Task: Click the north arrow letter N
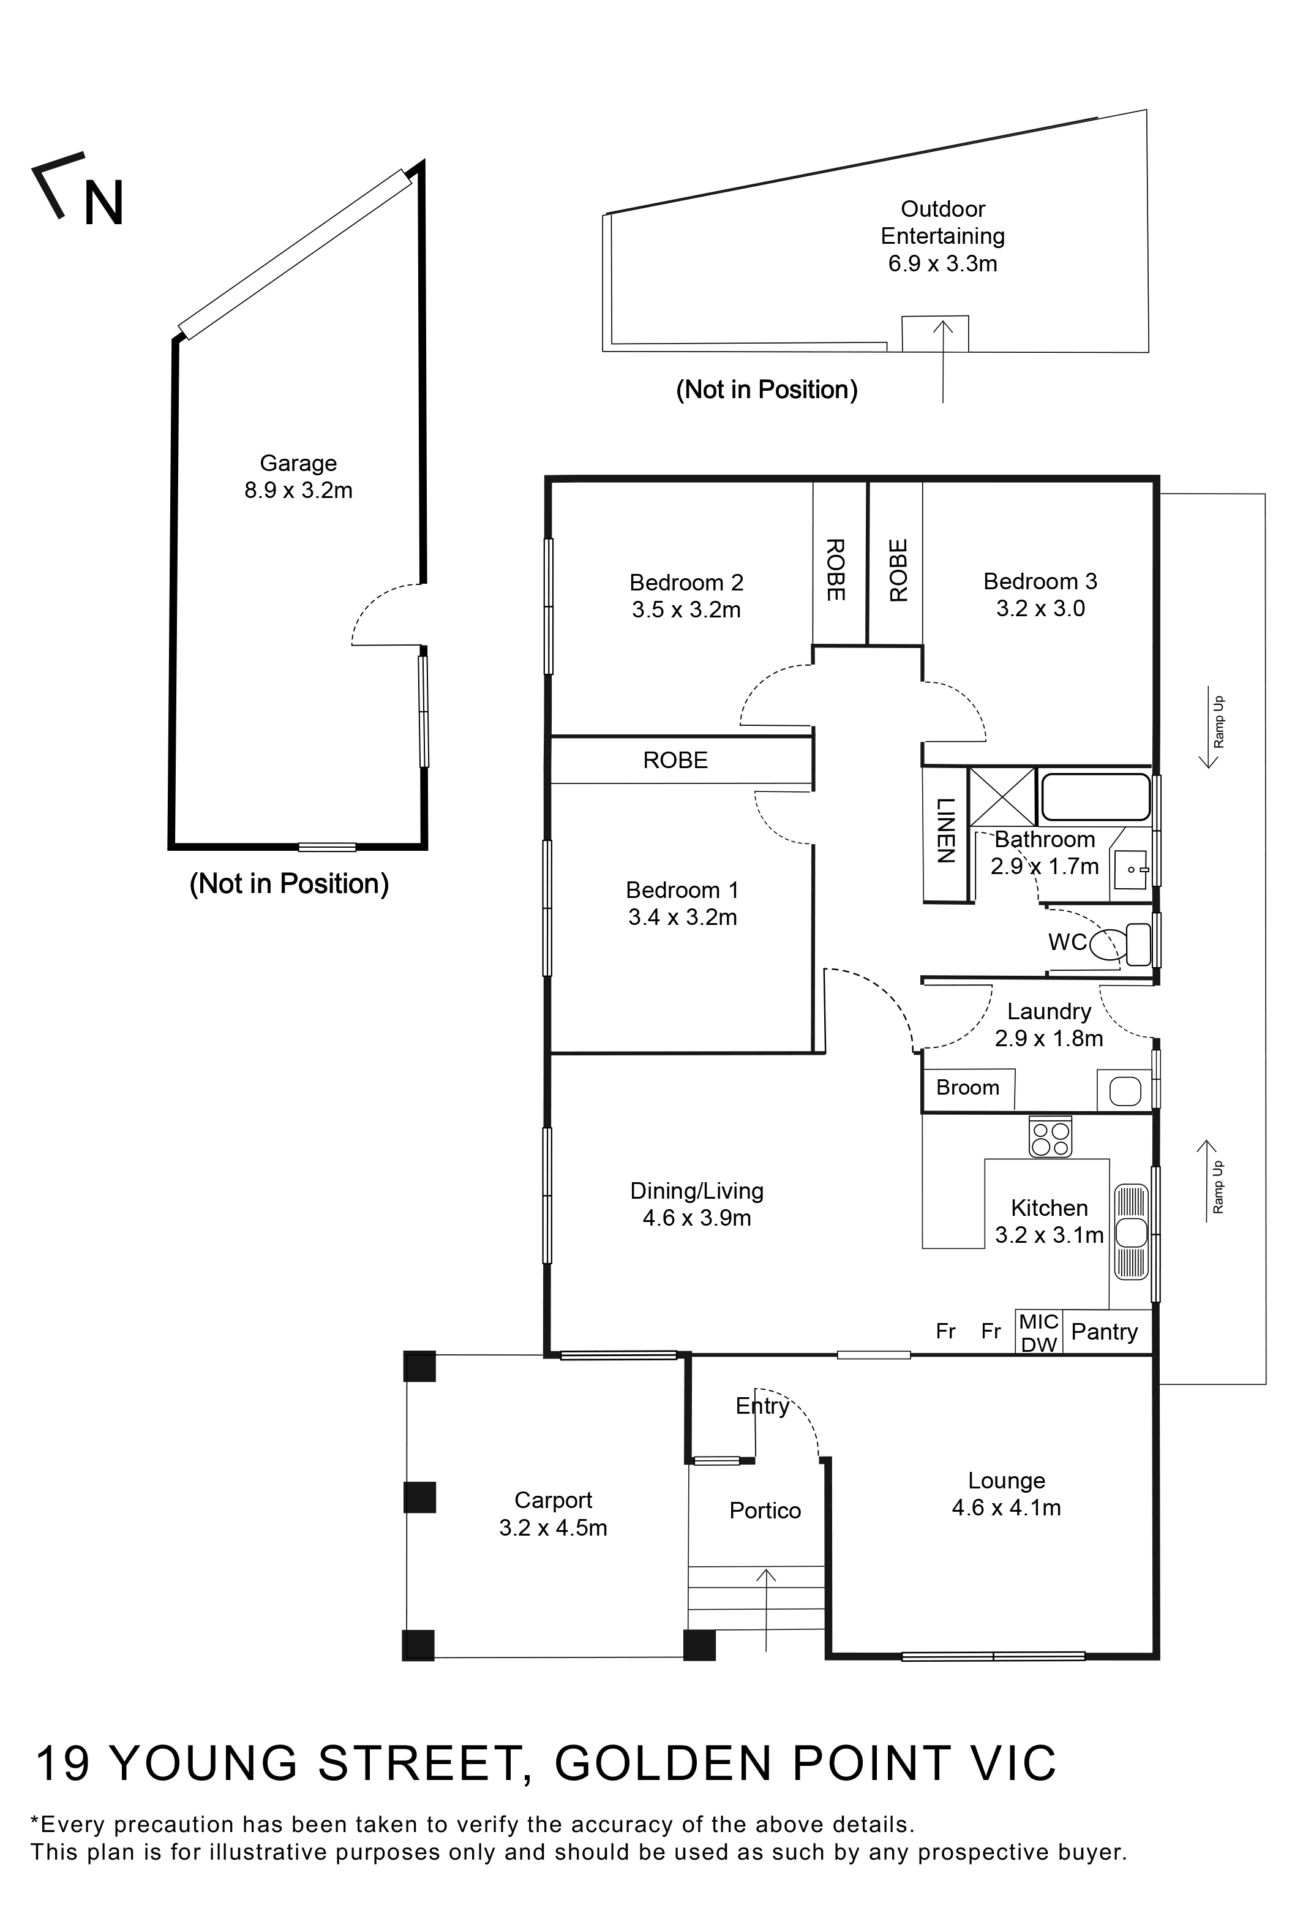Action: pos(104,203)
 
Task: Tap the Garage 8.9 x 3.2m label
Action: pos(298,477)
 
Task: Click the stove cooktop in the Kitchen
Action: pos(1050,1138)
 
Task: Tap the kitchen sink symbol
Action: pos(1132,1232)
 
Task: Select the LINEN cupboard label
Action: pos(945,830)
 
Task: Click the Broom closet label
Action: pos(967,1088)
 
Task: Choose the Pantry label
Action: pos(1104,1332)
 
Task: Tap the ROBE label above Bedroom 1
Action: pos(675,760)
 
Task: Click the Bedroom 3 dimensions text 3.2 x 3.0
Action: pos(1040,609)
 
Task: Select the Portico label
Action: pos(765,1510)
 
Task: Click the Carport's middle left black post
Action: pos(419,1497)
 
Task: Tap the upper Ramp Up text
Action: pos(1219,722)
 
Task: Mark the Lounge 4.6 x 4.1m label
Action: pos(1006,1495)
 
